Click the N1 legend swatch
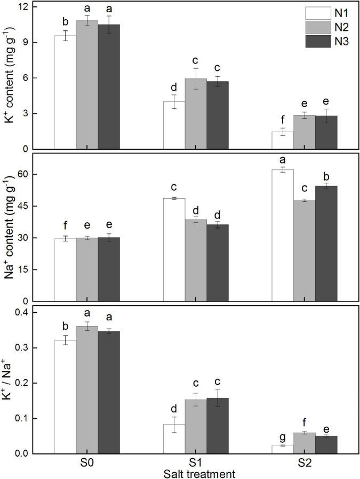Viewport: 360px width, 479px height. pyautogui.click(x=315, y=13)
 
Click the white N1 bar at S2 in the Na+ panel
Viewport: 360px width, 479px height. pyautogui.click(x=283, y=235)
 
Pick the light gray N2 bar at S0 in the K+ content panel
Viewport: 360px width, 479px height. pyautogui.click(x=87, y=85)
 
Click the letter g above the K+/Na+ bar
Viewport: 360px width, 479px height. pyautogui.click(x=283, y=436)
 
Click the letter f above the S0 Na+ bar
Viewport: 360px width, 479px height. pyautogui.click(x=65, y=225)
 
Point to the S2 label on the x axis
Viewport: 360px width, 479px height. pyautogui.click(x=304, y=462)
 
